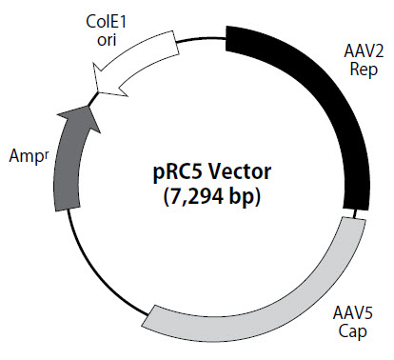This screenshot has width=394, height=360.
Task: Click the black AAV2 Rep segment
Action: click(x=324, y=105)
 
